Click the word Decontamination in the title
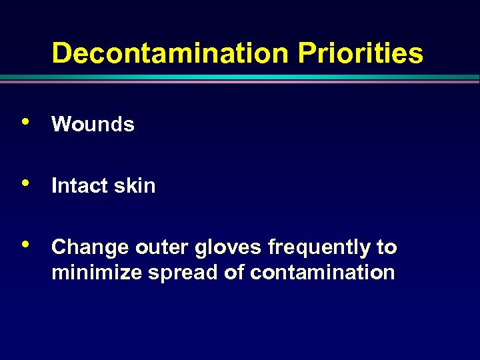[171, 53]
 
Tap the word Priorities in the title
[360, 53]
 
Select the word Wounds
[93, 124]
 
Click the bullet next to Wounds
[25, 122]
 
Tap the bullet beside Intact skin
[25, 183]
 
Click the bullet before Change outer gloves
[25, 244]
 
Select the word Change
[89, 248]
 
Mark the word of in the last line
[234, 273]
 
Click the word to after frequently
[387, 248]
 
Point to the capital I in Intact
[54, 185]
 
